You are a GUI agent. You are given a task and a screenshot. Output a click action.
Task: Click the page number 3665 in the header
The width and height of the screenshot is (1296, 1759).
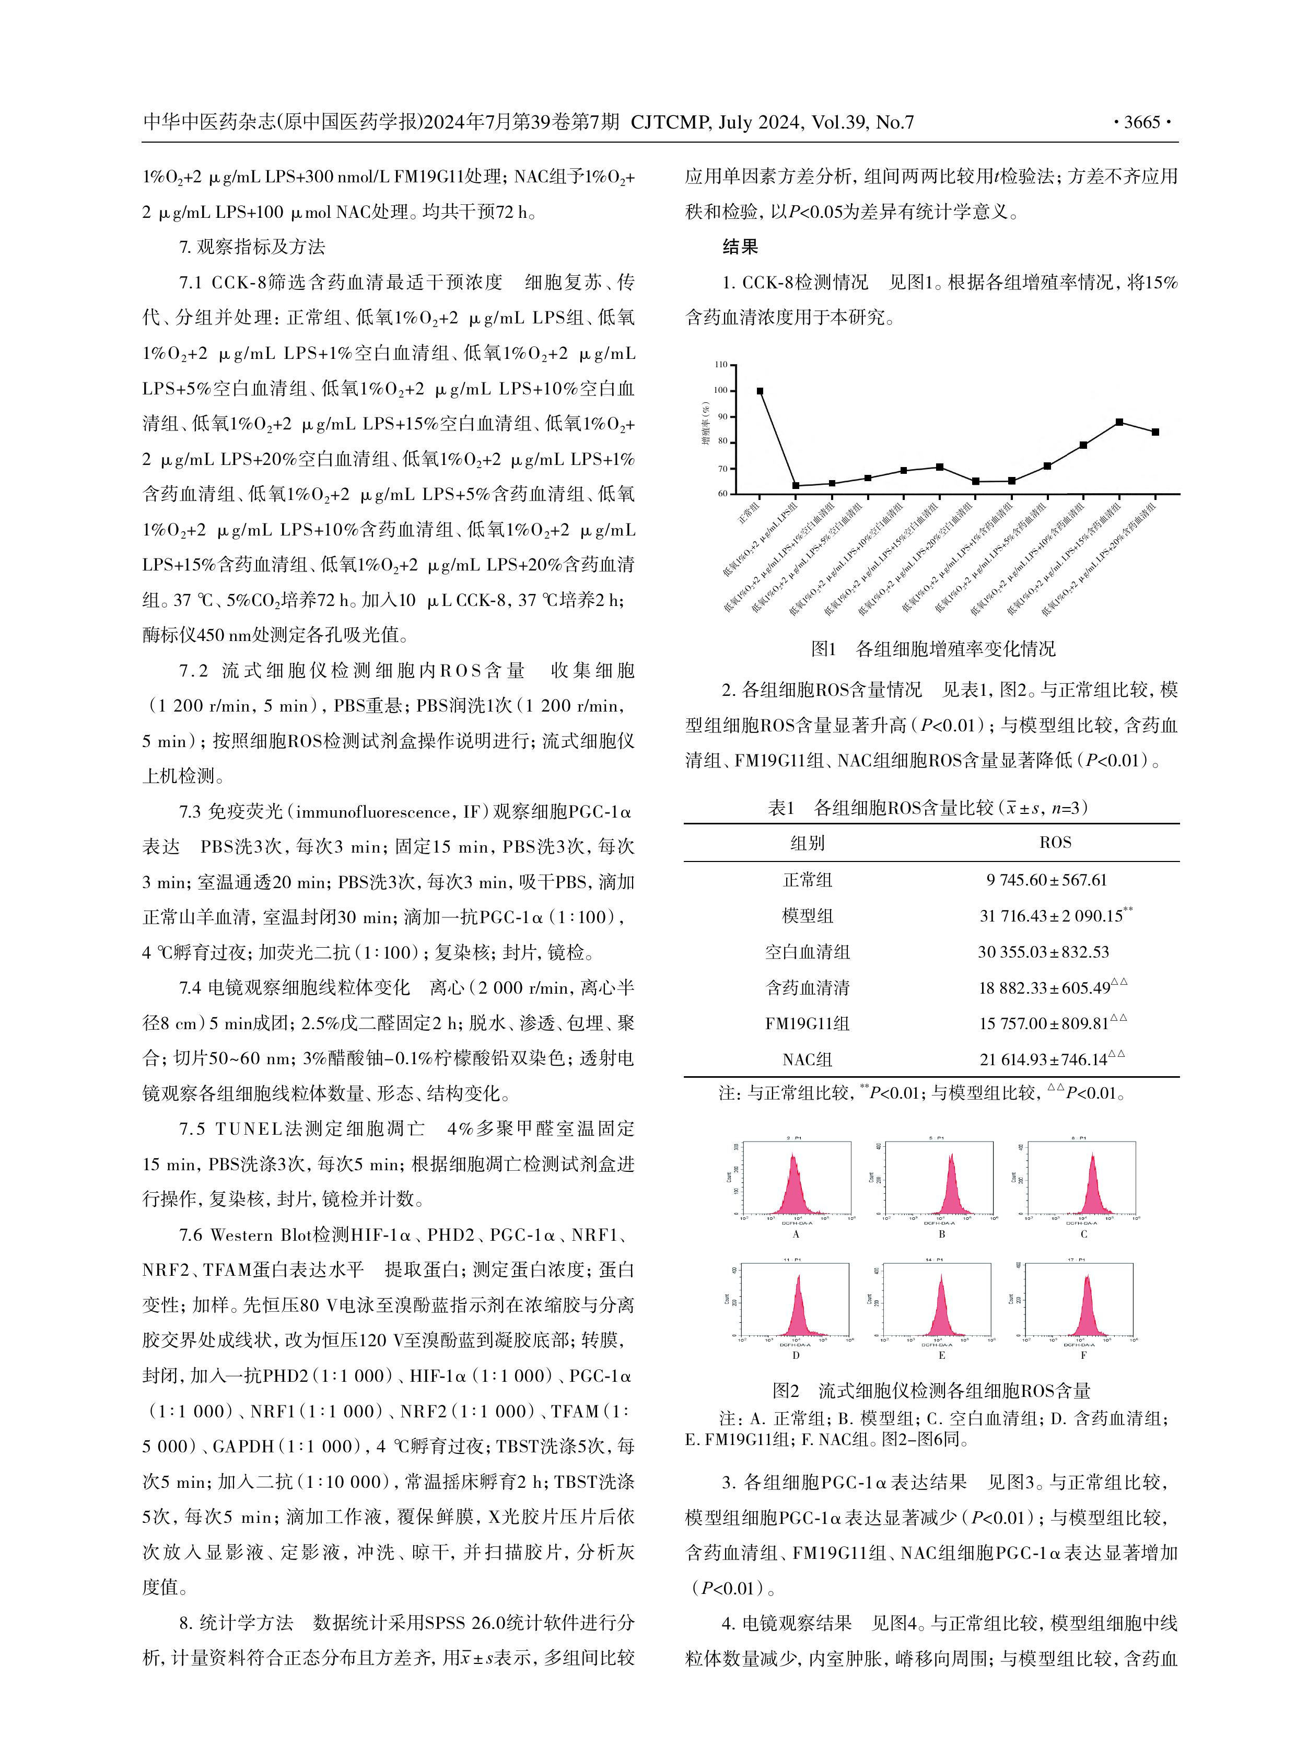(1141, 122)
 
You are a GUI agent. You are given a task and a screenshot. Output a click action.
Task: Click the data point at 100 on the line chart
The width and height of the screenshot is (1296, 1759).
(760, 391)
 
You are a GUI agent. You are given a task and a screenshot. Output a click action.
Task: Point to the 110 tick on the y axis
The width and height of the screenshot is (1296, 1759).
(721, 365)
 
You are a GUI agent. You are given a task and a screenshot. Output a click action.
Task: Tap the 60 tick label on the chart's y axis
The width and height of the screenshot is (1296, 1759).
(721, 494)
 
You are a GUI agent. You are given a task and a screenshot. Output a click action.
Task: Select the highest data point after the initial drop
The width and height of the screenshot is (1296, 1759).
(1119, 422)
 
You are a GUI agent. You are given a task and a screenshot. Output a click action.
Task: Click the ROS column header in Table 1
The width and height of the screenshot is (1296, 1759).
(1055, 843)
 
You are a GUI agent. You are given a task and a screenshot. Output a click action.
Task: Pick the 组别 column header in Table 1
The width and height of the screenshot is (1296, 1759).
(807, 843)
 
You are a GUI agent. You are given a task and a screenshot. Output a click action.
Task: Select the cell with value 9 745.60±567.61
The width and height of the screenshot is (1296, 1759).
(1046, 880)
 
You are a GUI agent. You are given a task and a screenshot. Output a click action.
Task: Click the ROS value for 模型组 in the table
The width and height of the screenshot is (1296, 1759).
(1049, 916)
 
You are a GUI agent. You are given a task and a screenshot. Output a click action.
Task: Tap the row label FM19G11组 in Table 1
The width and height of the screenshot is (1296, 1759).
(807, 1023)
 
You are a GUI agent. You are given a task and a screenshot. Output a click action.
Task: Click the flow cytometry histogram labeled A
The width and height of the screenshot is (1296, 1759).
(796, 1179)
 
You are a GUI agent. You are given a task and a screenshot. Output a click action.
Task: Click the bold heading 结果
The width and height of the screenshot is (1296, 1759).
(740, 247)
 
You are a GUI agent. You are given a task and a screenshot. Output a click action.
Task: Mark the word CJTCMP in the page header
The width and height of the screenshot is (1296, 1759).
(670, 122)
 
